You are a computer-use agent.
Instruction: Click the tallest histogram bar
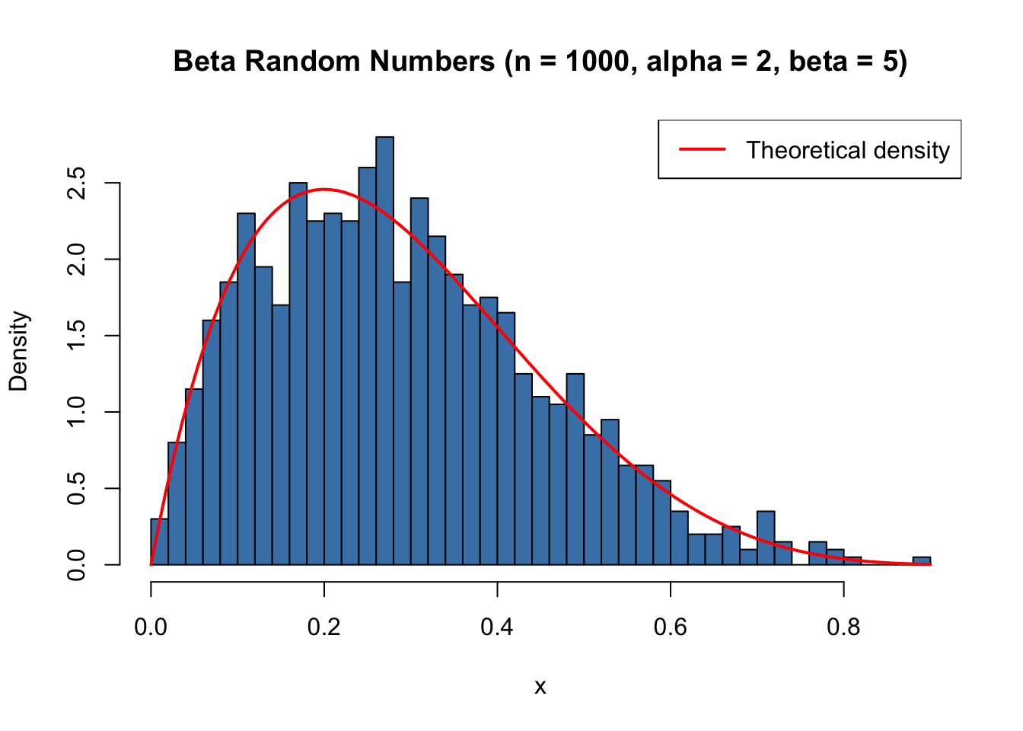[384, 350]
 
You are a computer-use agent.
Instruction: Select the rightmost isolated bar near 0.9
[922, 560]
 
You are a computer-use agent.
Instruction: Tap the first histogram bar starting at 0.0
[159, 542]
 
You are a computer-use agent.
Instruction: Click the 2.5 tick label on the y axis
[76, 184]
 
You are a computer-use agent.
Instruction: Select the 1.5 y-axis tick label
[76, 336]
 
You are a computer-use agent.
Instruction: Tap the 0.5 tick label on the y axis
[76, 488]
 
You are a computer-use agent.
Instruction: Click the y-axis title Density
[18, 351]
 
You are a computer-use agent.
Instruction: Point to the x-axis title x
[540, 687]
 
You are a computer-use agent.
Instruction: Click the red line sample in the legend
[702, 149]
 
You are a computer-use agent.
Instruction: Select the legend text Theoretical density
[847, 150]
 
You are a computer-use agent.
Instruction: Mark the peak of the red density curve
[323, 189]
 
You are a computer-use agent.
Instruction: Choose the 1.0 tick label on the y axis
[76, 412]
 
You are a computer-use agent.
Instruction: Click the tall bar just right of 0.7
[766, 538]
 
